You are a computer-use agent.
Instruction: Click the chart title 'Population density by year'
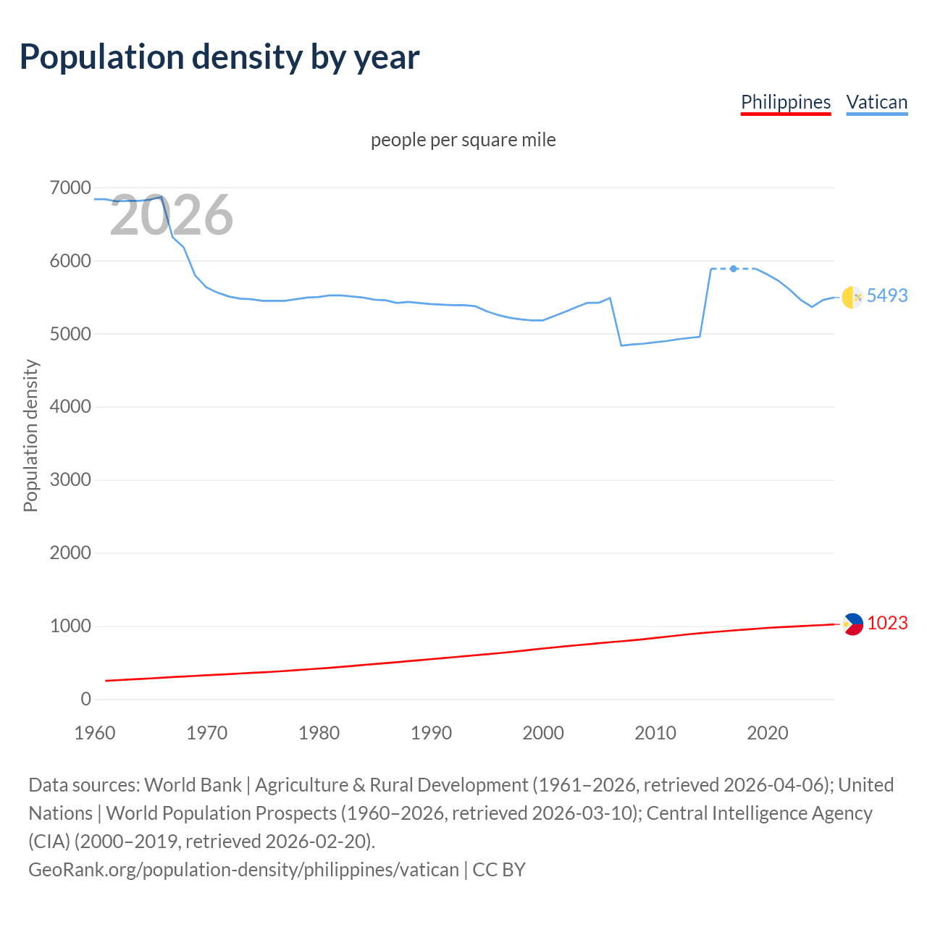219,57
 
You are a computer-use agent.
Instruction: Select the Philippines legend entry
786,102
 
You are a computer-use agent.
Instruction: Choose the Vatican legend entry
877,102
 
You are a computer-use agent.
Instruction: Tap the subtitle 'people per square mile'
463,140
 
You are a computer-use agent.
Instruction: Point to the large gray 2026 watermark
172,215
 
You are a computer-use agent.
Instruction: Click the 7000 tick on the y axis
70,188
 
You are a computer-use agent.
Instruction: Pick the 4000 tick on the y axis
70,407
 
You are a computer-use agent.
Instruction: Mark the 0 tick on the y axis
86,699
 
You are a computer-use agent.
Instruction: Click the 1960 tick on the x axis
95,733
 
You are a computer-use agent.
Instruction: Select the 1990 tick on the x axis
431,733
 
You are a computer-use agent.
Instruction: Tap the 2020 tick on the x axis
767,733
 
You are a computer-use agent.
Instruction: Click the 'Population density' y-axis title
30,436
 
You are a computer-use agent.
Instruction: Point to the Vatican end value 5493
887,295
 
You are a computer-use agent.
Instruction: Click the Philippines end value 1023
887,624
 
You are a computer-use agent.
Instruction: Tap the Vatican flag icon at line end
852,297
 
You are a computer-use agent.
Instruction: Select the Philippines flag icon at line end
852,624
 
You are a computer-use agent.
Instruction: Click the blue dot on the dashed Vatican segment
734,269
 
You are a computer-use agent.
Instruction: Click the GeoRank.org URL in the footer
243,870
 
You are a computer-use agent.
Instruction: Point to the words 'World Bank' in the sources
193,785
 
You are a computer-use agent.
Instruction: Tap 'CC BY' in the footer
499,870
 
